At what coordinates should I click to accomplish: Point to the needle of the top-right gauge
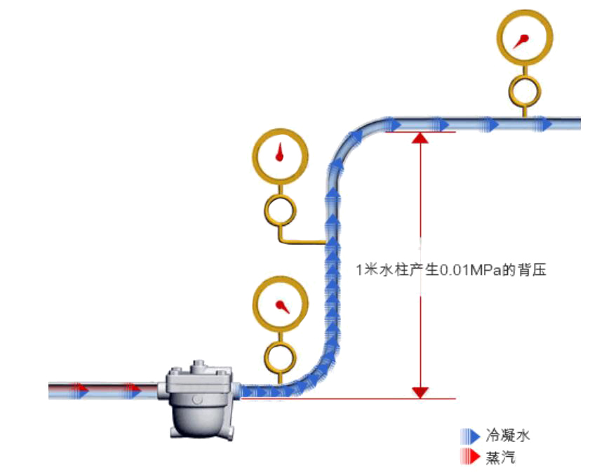[520, 43]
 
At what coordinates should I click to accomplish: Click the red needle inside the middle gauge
[280, 153]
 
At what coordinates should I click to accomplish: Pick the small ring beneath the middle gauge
[280, 209]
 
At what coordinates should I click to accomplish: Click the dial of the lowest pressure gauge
[280, 304]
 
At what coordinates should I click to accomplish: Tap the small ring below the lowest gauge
[280, 356]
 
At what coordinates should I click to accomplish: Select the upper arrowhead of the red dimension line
[420, 138]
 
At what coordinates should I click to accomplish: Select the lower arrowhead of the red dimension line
[420, 392]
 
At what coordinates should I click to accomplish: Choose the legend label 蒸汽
[500, 457]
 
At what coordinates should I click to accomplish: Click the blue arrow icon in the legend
[470, 435]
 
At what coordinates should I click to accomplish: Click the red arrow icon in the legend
[470, 457]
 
